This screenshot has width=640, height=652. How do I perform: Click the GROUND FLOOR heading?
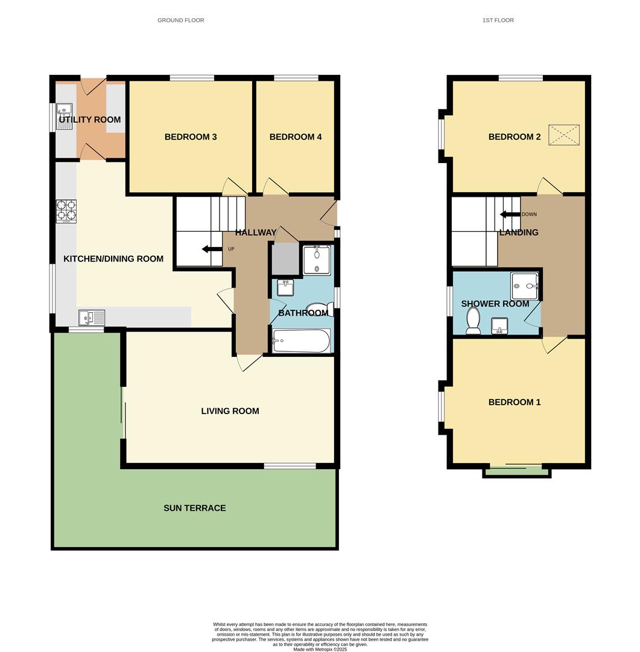[x=180, y=21]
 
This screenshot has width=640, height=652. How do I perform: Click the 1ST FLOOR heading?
[x=498, y=21]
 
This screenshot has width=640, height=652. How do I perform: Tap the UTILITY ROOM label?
[x=90, y=120]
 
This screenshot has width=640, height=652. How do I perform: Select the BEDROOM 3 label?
[x=191, y=137]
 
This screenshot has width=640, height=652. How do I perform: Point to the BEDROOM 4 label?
[x=296, y=137]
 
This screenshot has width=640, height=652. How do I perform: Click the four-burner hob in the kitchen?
[x=66, y=211]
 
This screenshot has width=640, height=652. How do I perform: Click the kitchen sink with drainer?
[x=91, y=317]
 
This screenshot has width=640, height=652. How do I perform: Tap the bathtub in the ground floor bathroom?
[x=301, y=341]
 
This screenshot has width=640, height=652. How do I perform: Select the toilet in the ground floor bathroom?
[x=315, y=308]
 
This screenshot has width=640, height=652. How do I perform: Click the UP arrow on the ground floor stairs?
[x=211, y=249]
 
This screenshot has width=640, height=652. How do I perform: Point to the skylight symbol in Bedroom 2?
[x=563, y=135]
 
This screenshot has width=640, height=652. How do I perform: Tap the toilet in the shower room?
[x=473, y=320]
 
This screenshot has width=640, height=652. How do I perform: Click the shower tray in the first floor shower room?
[x=524, y=286]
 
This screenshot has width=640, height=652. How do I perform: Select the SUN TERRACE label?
[x=195, y=508]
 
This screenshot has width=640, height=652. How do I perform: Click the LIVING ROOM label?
[x=230, y=411]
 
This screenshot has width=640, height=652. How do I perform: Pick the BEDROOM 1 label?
[x=515, y=402]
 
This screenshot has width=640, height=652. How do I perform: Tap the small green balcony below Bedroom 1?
[x=516, y=471]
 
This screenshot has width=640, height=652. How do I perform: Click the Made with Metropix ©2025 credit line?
[x=320, y=649]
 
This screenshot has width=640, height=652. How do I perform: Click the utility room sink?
[x=65, y=111]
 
